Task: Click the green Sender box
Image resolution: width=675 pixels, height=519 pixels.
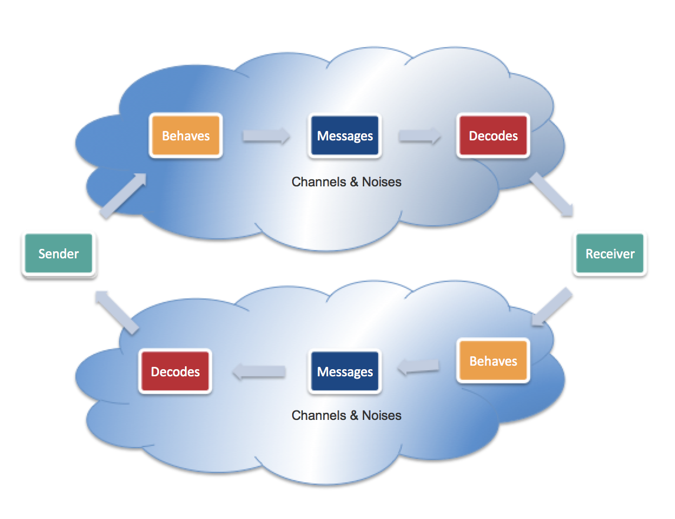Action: pyautogui.click(x=59, y=254)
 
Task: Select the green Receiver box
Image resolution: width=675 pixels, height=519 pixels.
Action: pyautogui.click(x=610, y=254)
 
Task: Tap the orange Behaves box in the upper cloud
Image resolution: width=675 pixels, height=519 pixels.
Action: pyautogui.click(x=186, y=136)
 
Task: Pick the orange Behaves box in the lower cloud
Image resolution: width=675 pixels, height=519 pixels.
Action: pyautogui.click(x=493, y=361)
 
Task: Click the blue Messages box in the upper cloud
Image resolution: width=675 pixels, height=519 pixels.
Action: pyautogui.click(x=345, y=136)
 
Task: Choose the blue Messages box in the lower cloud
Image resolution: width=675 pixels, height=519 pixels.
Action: pyautogui.click(x=345, y=372)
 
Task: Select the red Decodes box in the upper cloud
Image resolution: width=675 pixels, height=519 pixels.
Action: pyautogui.click(x=493, y=136)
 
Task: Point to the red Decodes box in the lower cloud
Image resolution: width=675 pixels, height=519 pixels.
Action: pyautogui.click(x=176, y=372)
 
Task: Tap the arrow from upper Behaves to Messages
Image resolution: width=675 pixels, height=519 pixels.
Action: pyautogui.click(x=266, y=136)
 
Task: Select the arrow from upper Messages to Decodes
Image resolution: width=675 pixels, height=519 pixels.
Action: pyautogui.click(x=419, y=136)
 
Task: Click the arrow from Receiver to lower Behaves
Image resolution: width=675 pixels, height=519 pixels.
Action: pyautogui.click(x=551, y=307)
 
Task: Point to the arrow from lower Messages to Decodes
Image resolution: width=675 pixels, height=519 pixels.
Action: pyautogui.click(x=259, y=371)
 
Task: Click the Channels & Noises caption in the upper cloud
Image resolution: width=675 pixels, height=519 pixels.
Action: pyautogui.click(x=346, y=182)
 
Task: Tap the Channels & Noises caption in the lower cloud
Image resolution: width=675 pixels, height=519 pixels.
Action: pyautogui.click(x=346, y=415)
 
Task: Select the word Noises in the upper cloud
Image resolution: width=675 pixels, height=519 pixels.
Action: pyautogui.click(x=382, y=182)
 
